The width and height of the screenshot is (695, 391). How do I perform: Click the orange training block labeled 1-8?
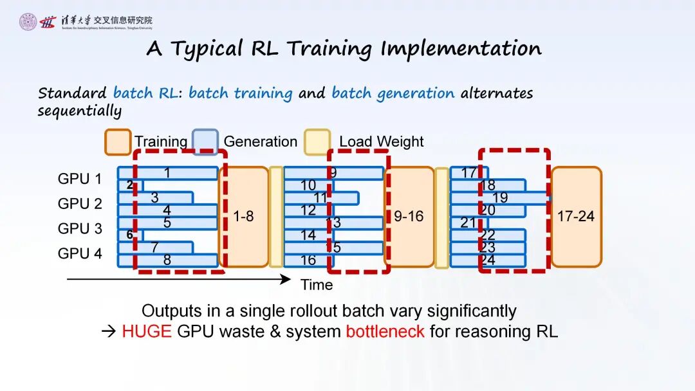pos(244,217)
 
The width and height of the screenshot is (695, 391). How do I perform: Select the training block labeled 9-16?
pos(409,217)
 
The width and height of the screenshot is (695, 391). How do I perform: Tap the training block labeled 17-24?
pos(576,217)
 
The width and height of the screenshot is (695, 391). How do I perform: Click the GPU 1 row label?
pos(80,179)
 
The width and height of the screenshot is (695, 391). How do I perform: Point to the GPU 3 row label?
pos(80,229)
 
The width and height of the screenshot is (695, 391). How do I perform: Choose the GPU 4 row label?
pos(80,254)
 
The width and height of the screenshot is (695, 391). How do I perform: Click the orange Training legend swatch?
pos(118,142)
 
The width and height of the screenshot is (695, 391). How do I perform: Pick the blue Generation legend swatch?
pos(205,142)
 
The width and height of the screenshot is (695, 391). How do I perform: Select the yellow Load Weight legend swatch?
pos(317,142)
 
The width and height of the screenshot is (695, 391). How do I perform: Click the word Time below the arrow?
pos(317,284)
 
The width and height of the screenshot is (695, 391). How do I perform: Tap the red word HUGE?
pos(147,332)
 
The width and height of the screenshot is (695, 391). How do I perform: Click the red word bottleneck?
pos(385,332)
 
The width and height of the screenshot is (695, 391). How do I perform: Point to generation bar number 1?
pos(167,173)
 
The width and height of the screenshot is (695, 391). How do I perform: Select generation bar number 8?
pos(167,260)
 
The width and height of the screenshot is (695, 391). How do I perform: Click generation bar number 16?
pos(309,260)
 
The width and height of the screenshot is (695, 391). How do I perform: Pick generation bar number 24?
pos(488,260)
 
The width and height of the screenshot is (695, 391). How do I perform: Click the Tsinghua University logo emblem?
pos(28,23)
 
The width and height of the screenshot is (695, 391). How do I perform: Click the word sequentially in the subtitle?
pos(79,110)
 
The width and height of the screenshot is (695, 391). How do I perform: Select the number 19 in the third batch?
pos(500,198)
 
